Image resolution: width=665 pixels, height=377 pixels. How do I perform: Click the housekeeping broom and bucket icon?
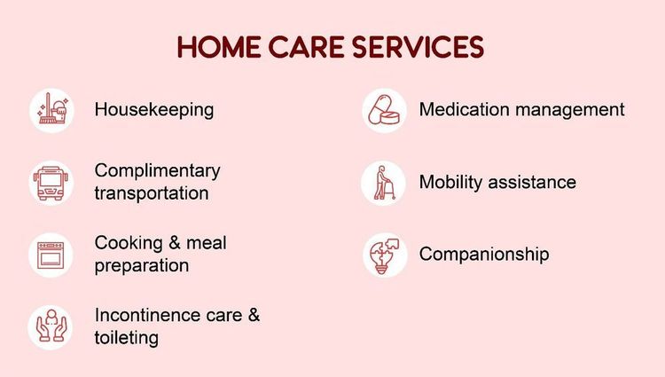(51, 110)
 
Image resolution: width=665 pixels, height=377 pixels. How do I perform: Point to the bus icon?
(51, 182)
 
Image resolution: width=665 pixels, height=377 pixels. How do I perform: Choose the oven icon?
(51, 255)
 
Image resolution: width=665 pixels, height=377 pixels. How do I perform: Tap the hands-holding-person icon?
(51, 326)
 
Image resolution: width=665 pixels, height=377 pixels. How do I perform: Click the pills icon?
(384, 110)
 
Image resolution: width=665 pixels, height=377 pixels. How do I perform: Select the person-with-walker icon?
(384, 183)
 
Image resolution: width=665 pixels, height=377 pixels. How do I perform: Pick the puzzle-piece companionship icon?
(384, 255)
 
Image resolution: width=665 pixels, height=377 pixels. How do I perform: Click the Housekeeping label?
(154, 110)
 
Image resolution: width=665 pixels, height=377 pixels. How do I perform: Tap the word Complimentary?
(157, 170)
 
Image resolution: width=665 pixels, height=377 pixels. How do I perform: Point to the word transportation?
(152, 192)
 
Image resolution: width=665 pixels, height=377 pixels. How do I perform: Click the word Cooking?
(129, 243)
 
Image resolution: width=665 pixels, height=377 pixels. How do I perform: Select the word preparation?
(142, 265)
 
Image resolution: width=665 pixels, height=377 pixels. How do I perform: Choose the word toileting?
(127, 337)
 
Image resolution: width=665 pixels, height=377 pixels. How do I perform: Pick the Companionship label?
(484, 255)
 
